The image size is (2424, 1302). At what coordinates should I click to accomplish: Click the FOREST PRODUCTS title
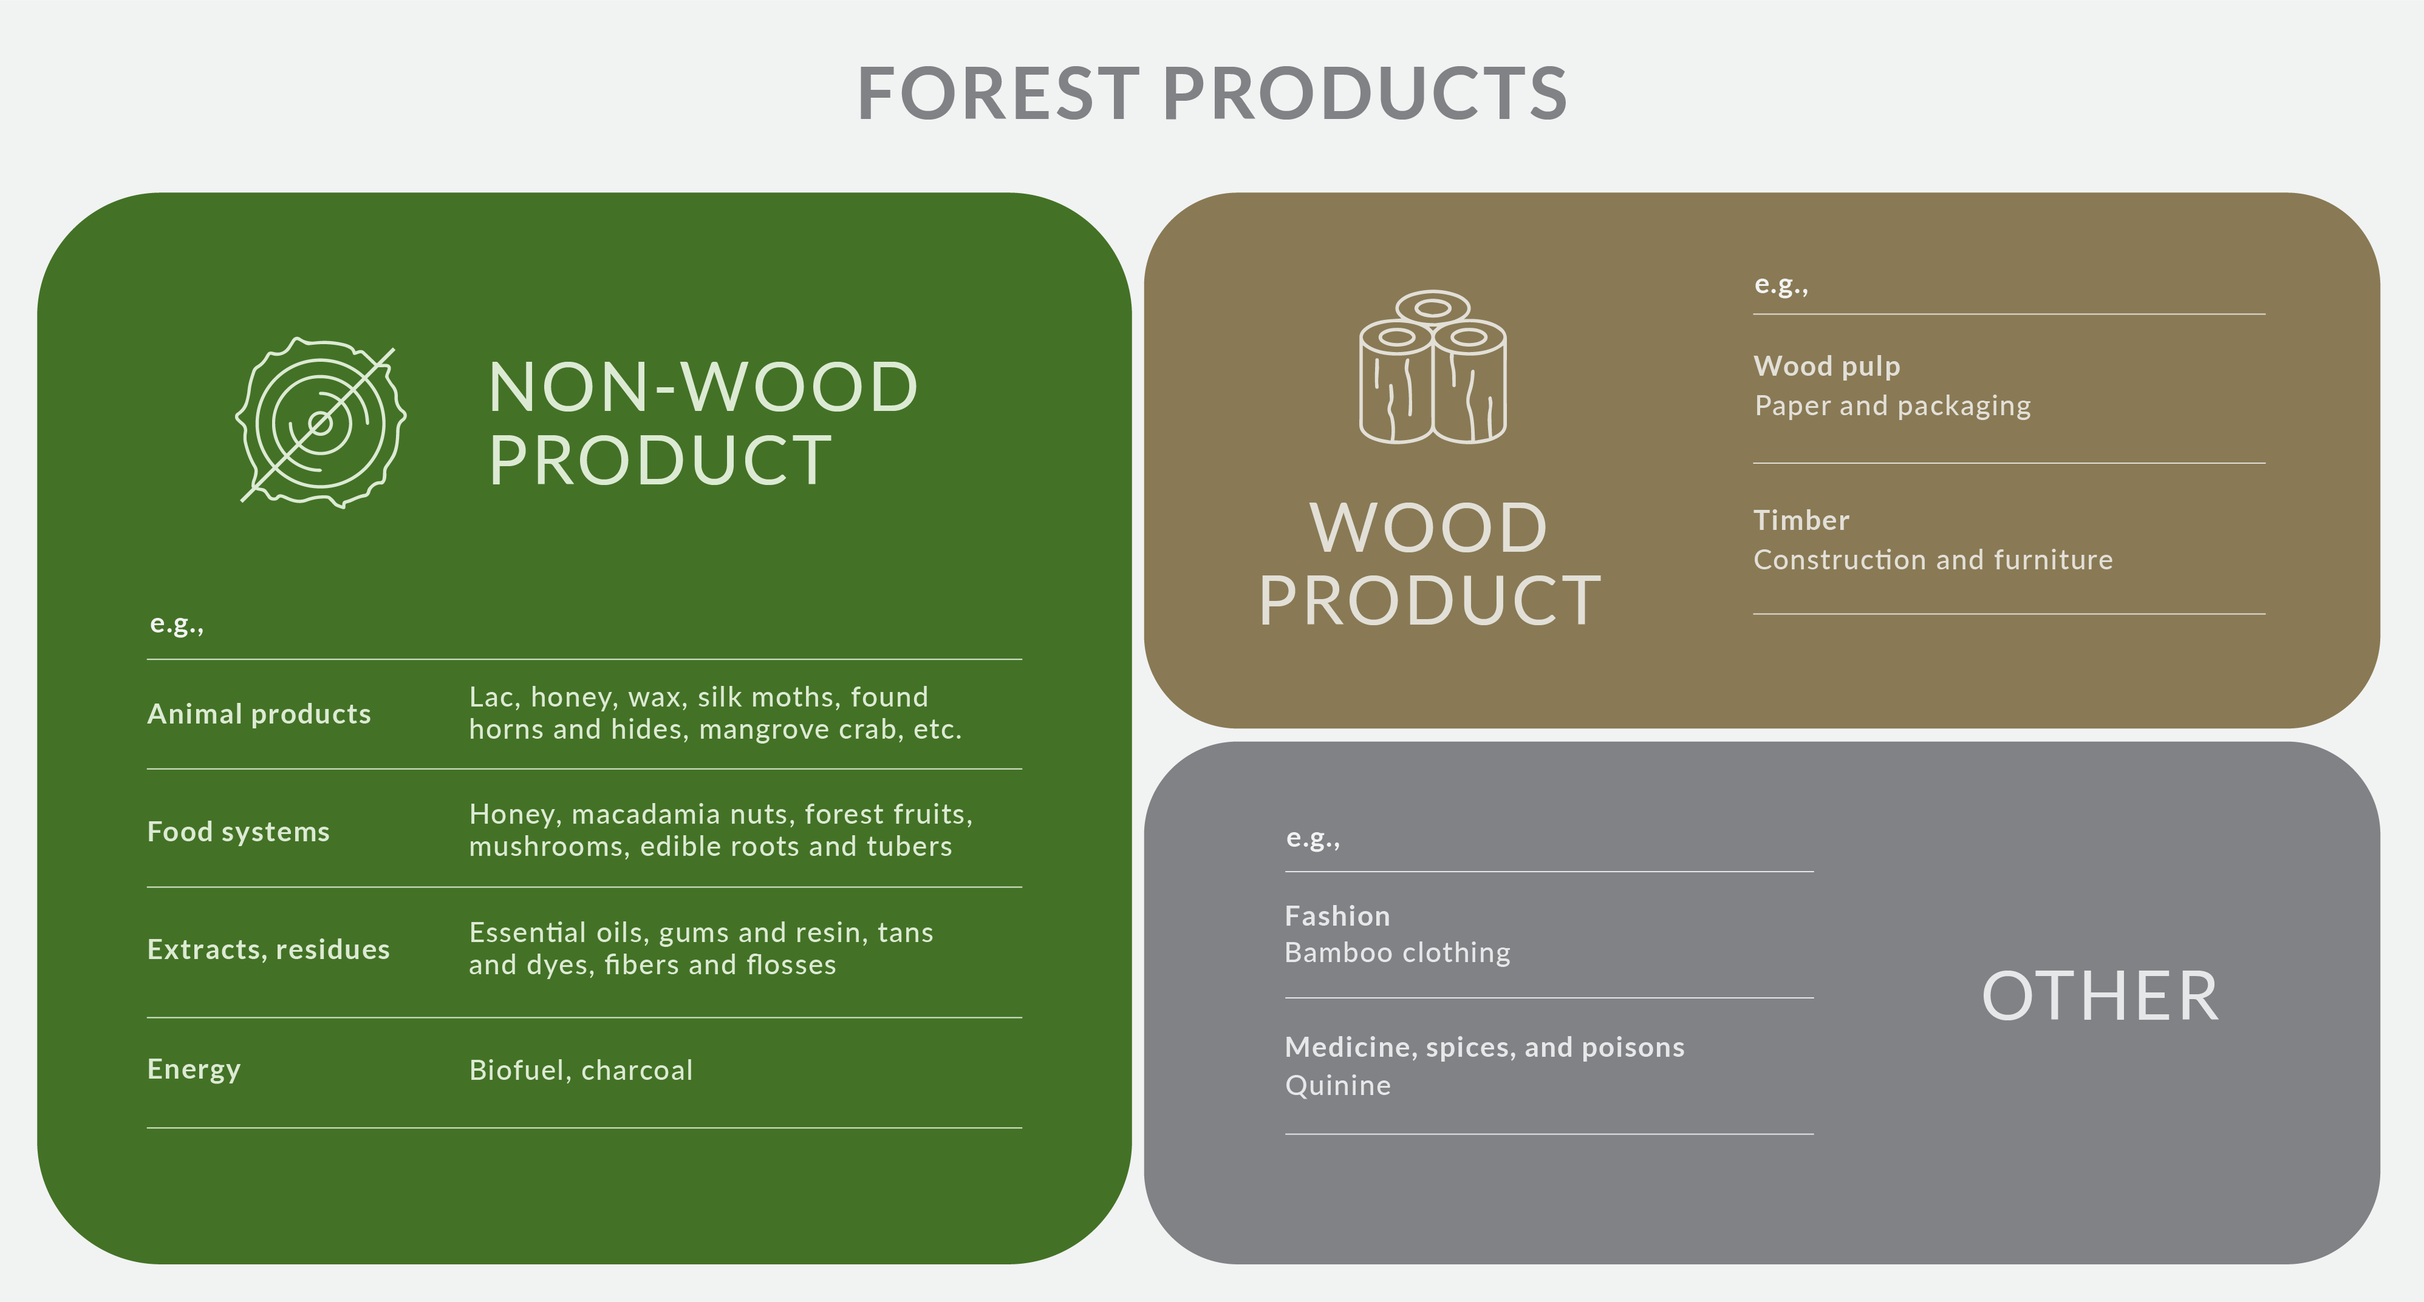tap(1212, 94)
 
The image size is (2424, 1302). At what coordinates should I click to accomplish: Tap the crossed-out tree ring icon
tap(321, 423)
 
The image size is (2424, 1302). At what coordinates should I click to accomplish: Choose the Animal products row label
tap(259, 714)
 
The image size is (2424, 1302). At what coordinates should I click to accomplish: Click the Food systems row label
tap(238, 832)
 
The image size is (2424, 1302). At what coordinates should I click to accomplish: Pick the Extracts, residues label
tap(268, 949)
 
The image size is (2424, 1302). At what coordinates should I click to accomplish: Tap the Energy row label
tap(194, 1070)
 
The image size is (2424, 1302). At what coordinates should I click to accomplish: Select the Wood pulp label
tap(1826, 366)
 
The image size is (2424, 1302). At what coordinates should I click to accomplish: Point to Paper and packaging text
tap(1893, 405)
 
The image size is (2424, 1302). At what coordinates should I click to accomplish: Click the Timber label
tap(1801, 520)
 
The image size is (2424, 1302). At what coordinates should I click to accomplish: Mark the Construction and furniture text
tap(1933, 560)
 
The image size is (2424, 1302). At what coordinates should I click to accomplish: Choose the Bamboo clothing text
tap(1398, 953)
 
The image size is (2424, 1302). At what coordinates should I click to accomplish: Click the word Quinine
tap(1337, 1086)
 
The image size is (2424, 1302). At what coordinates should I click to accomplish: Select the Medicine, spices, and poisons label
tap(1485, 1047)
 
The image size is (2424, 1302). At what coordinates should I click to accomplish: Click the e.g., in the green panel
tap(177, 624)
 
